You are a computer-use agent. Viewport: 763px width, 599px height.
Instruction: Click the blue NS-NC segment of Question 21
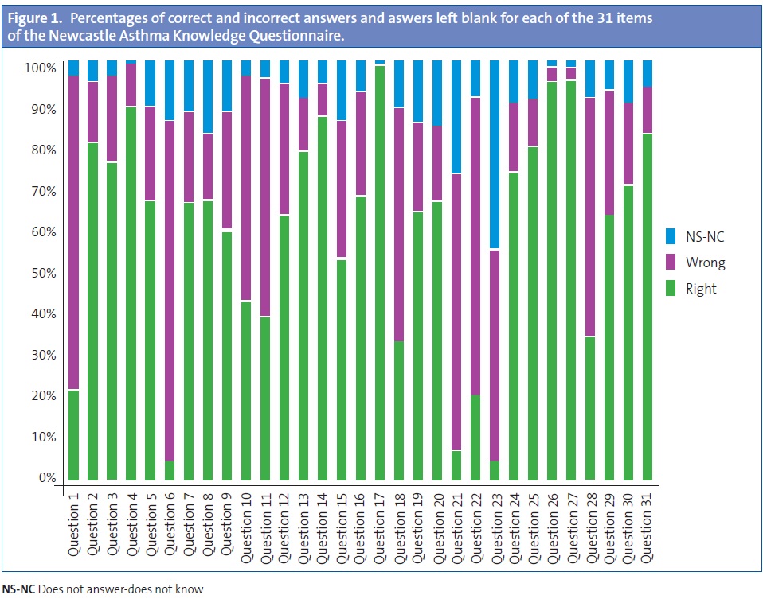pyautogui.click(x=456, y=116)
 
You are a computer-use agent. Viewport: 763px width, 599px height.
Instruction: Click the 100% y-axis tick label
pyautogui.click(x=39, y=68)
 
